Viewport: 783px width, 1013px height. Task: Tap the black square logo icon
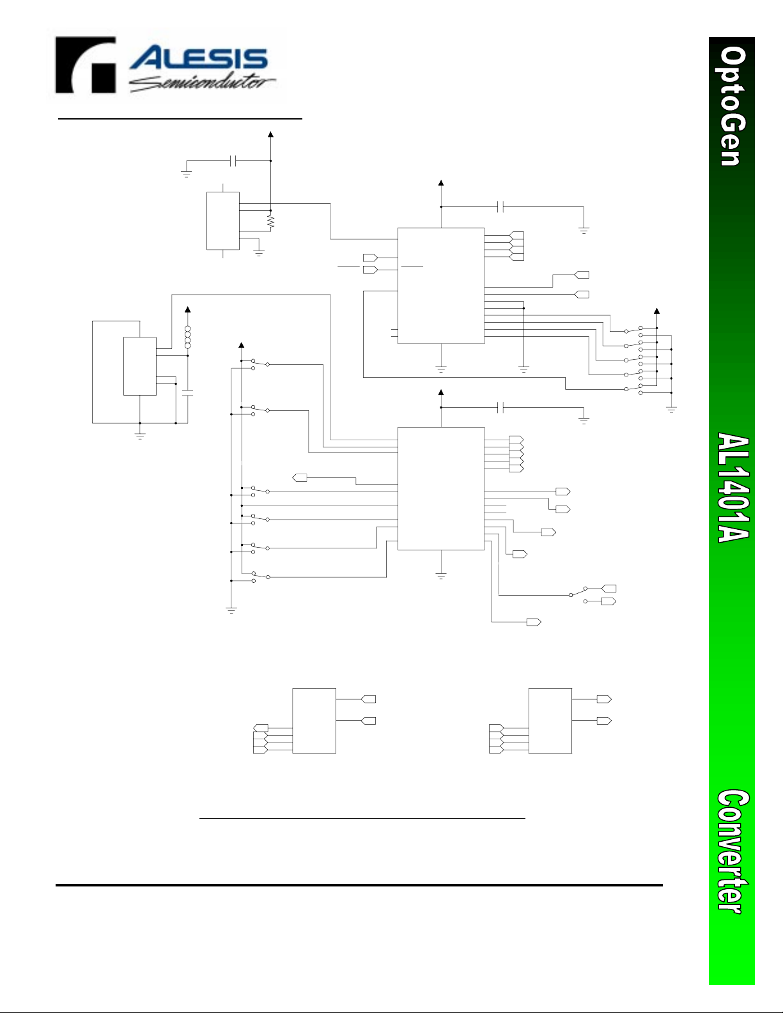coord(85,65)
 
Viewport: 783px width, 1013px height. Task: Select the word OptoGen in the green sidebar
coord(733,106)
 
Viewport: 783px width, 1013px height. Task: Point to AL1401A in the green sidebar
coord(733,488)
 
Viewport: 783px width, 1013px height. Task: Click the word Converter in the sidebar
coord(733,851)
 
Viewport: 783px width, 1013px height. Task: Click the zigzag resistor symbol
coord(270,222)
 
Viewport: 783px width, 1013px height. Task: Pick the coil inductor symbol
coord(187,337)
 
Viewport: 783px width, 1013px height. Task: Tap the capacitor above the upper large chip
coord(500,207)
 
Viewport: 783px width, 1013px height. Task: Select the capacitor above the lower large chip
coord(500,408)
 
